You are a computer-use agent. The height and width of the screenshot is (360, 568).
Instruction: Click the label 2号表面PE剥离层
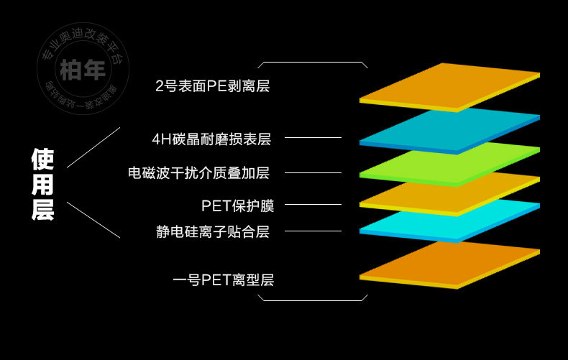[x=212, y=87]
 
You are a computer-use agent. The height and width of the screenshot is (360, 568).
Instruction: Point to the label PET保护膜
[x=237, y=206]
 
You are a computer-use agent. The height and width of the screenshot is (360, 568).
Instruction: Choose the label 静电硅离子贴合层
[x=213, y=231]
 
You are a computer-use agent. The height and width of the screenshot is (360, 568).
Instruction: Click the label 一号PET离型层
[x=224, y=280]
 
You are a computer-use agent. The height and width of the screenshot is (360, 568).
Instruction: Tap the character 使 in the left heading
[x=42, y=159]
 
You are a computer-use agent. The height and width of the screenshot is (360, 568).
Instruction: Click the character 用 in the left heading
[x=42, y=185]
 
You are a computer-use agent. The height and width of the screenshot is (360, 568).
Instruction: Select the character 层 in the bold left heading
[x=42, y=210]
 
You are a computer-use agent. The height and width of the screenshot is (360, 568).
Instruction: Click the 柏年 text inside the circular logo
[x=83, y=70]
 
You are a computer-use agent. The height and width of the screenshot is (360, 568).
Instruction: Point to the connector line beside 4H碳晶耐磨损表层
[x=313, y=137]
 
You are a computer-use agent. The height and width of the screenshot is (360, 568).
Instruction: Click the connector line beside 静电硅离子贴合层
[x=313, y=231]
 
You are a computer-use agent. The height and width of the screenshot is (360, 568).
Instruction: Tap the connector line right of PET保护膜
[x=313, y=205]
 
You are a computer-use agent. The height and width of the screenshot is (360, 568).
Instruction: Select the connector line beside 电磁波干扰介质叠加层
[x=313, y=172]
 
